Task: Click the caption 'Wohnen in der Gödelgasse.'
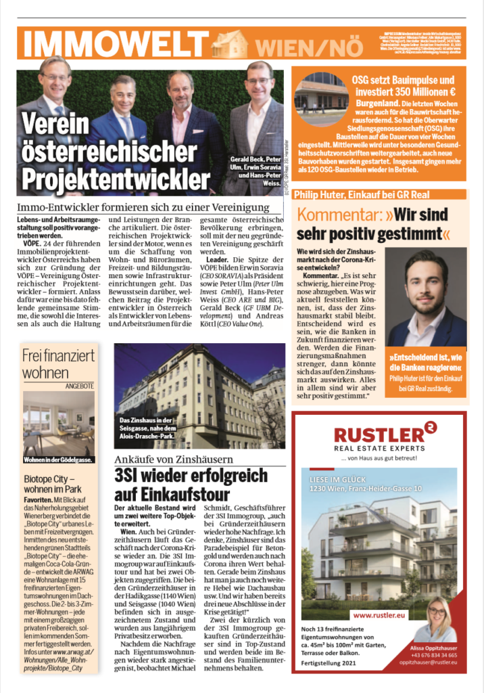tap(57, 460)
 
